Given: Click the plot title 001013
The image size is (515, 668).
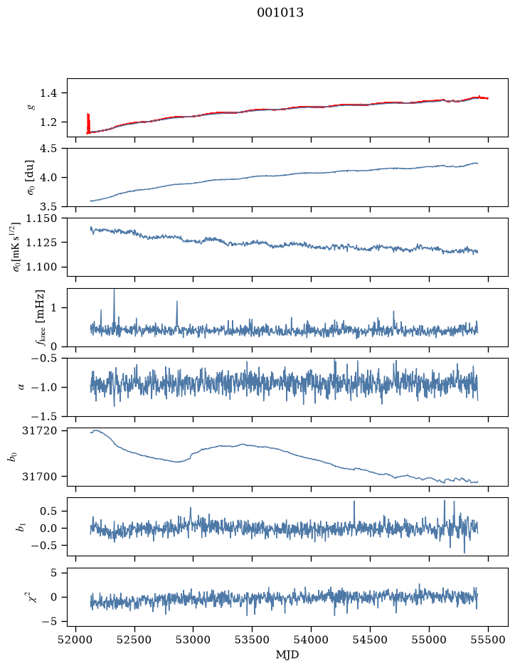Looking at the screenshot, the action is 280,13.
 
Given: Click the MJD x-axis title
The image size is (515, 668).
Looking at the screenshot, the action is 287,654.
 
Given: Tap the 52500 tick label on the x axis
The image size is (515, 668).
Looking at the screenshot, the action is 134,640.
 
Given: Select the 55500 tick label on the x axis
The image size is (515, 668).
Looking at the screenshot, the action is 488,640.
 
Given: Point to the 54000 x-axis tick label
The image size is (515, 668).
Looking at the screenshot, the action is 311,640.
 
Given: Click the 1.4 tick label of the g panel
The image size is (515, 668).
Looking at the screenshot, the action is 48,93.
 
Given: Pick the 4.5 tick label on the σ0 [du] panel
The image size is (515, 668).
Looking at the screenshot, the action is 48,149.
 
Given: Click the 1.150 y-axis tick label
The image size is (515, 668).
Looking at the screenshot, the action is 41,218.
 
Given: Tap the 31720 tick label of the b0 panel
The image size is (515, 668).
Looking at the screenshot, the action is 38,430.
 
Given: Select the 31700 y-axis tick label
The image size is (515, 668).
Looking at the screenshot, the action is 38,477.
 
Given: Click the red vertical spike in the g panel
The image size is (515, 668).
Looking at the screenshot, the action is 88,123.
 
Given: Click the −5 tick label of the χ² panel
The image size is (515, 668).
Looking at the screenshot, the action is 49,622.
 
